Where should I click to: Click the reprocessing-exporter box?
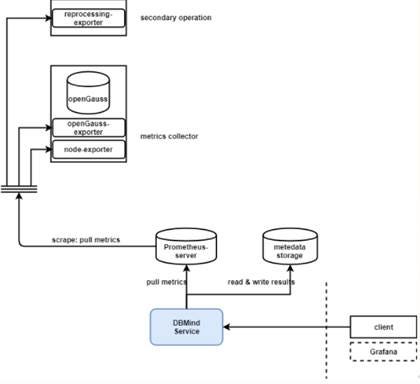[88, 17]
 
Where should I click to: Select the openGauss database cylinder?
[88, 95]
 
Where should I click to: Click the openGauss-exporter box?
[88, 128]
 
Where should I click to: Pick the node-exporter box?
[88, 150]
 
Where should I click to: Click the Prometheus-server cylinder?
[185, 247]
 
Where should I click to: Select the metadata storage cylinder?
[290, 247]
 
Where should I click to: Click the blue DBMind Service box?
[186, 327]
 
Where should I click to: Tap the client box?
[381, 327]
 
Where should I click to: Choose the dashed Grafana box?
[381, 352]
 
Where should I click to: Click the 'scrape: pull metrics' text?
[89, 241]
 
